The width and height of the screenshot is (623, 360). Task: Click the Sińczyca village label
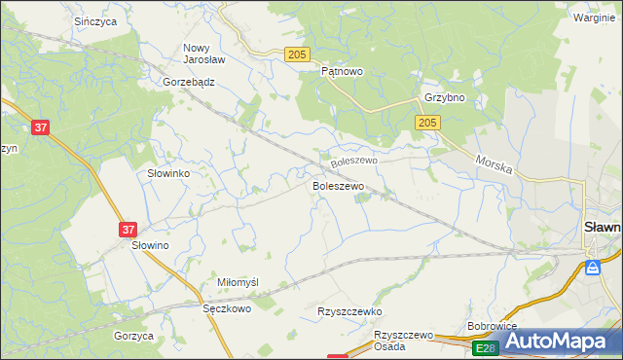[x=95, y=19]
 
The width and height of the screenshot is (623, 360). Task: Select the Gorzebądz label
[x=189, y=83]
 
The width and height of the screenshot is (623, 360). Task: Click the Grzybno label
[x=444, y=98]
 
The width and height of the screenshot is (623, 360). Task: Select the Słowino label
[x=151, y=246]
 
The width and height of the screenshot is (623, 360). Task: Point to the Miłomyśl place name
[x=238, y=282]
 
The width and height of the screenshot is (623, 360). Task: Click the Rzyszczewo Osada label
[x=403, y=341]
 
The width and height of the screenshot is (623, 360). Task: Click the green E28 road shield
[x=485, y=347]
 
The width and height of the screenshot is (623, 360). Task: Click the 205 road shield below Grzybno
[x=428, y=123]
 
